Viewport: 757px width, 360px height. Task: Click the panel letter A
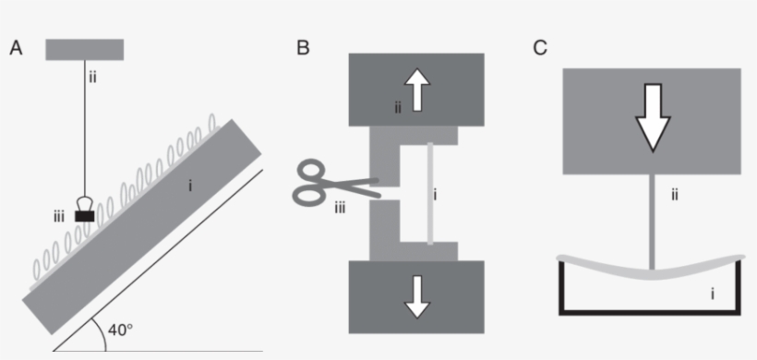click(x=15, y=49)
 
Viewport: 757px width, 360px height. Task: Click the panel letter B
click(x=303, y=48)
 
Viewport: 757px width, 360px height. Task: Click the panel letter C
click(x=541, y=48)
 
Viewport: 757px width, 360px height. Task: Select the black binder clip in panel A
click(x=86, y=213)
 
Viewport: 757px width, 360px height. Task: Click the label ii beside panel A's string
click(x=92, y=77)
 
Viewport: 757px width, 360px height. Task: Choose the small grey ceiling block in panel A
click(x=84, y=49)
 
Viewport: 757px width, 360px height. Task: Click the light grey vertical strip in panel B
click(x=429, y=195)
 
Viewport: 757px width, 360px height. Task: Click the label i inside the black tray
click(x=712, y=294)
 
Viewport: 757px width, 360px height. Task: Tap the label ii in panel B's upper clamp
click(x=398, y=108)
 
